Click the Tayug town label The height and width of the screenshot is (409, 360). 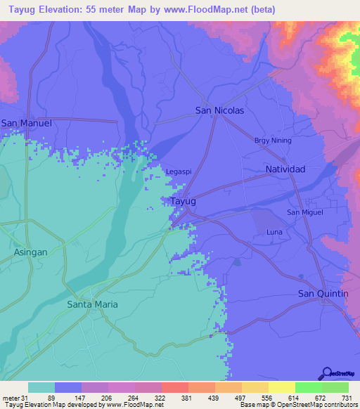click(183, 201)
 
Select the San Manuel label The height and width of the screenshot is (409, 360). click(27, 123)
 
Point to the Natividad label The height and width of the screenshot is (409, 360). click(285, 169)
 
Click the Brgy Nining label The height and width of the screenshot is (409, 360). click(272, 141)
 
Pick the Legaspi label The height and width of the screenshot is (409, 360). click(178, 171)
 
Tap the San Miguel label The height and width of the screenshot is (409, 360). click(304, 212)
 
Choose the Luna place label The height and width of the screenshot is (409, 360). click(274, 232)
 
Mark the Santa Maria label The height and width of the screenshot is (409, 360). click(92, 304)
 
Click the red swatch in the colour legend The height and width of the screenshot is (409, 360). click(174, 387)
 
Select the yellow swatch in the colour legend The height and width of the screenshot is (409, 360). click(281, 387)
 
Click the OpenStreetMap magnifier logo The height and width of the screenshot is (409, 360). click(327, 373)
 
